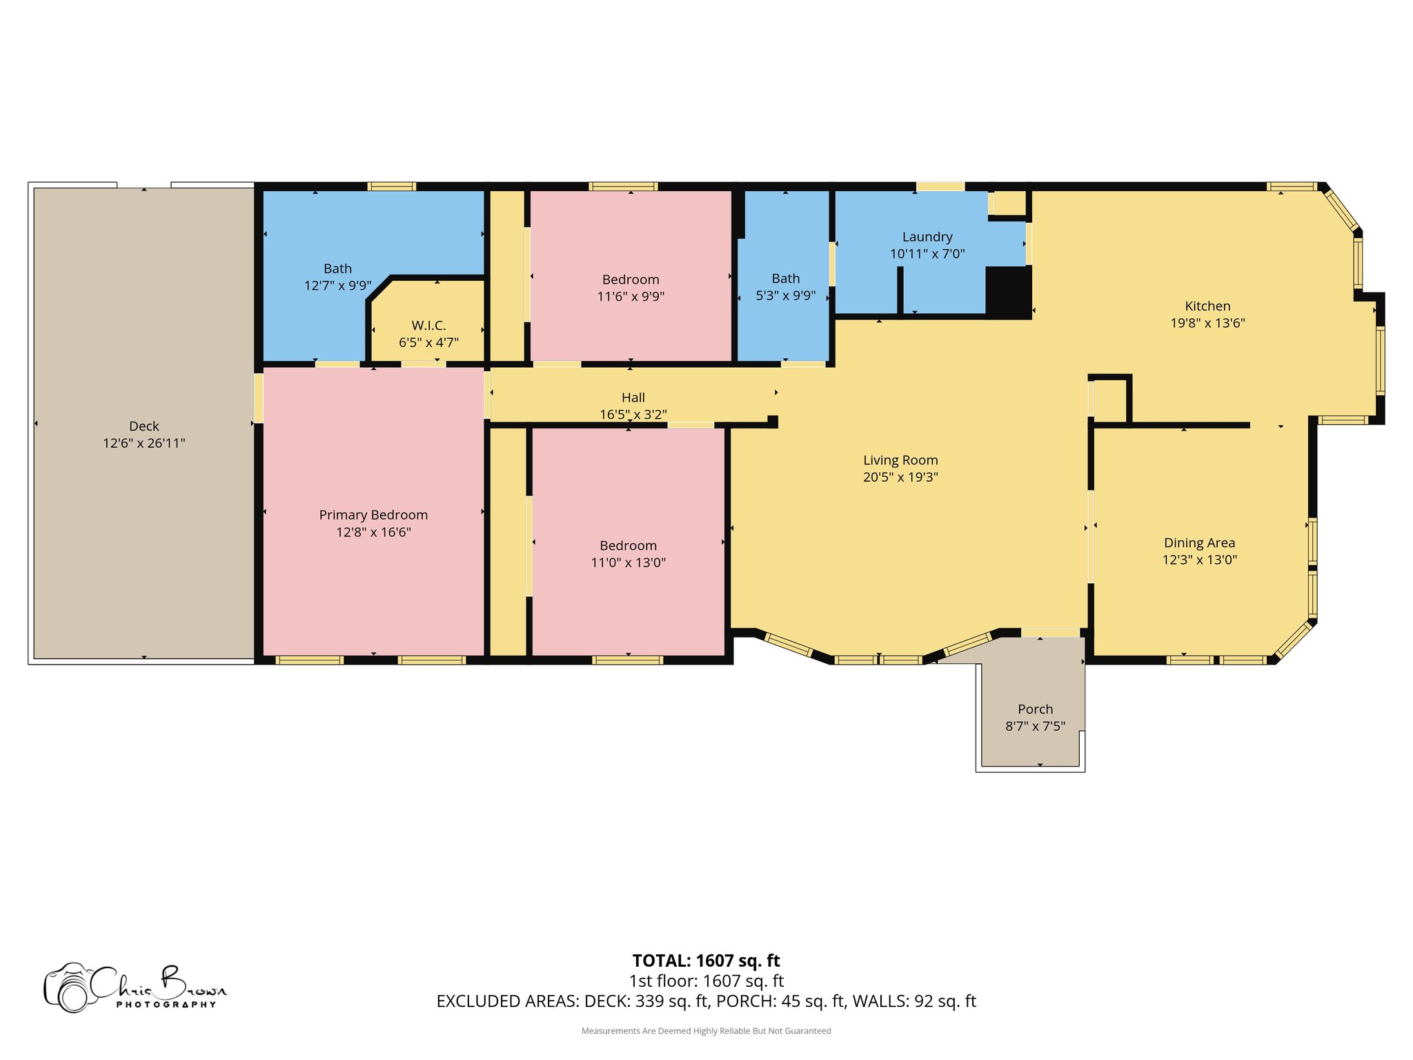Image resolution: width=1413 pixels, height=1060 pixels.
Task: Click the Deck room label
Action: pyautogui.click(x=144, y=426)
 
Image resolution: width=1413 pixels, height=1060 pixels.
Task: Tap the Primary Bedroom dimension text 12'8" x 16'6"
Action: pyautogui.click(x=373, y=532)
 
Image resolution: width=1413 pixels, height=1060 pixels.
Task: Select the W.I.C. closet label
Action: pyautogui.click(x=428, y=325)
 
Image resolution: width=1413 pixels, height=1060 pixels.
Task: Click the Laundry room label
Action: pyautogui.click(x=927, y=237)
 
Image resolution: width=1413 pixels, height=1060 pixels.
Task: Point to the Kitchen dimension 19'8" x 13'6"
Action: pyautogui.click(x=1207, y=323)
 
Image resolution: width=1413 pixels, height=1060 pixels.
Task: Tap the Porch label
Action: pyautogui.click(x=1035, y=709)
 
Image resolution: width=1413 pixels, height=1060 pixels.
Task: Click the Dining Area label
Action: pyautogui.click(x=1199, y=543)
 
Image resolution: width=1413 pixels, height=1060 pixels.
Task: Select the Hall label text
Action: pyautogui.click(x=633, y=397)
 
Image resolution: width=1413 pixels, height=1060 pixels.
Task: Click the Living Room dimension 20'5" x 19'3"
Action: pyautogui.click(x=900, y=477)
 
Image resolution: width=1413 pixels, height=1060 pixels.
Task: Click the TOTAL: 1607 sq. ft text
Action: pyautogui.click(x=706, y=961)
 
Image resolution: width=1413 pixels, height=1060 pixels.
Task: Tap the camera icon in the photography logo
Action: pyautogui.click(x=69, y=988)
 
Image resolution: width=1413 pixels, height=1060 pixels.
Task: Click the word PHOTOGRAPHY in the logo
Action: pyautogui.click(x=166, y=1005)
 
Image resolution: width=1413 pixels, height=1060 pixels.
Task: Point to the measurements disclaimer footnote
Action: pyautogui.click(x=706, y=1031)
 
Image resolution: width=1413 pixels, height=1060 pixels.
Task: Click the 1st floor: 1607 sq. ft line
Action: pyautogui.click(x=706, y=981)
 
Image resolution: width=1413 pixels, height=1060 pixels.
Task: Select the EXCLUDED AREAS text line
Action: pyautogui.click(x=706, y=1001)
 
